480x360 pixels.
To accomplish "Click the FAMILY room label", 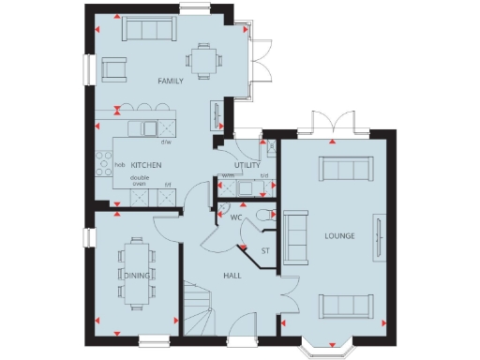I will [x=170, y=81].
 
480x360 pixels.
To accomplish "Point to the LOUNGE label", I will [x=339, y=234].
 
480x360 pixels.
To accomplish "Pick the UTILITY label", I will [x=247, y=165].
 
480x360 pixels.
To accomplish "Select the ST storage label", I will [x=264, y=249].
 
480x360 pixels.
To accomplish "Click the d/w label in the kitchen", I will [x=165, y=142].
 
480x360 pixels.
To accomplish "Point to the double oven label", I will [x=140, y=180].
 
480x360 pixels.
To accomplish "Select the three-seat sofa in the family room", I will [x=148, y=30].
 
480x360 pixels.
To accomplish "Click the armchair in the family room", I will [x=115, y=67].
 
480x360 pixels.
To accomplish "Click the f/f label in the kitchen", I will [x=168, y=185].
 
